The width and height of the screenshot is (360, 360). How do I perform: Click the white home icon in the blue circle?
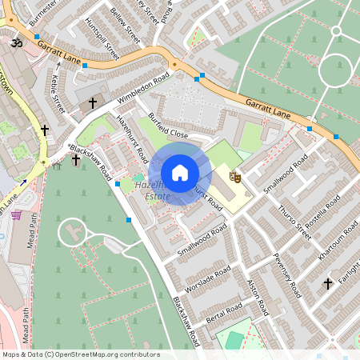point(180,173)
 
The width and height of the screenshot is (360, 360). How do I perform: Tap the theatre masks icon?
point(235,176)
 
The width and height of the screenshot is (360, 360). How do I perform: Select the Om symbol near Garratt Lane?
point(14,38)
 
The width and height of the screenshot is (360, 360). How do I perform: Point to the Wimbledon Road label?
point(143,89)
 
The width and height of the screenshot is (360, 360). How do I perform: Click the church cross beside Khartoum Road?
point(327,283)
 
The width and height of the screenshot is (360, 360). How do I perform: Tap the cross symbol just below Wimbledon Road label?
point(93,102)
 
